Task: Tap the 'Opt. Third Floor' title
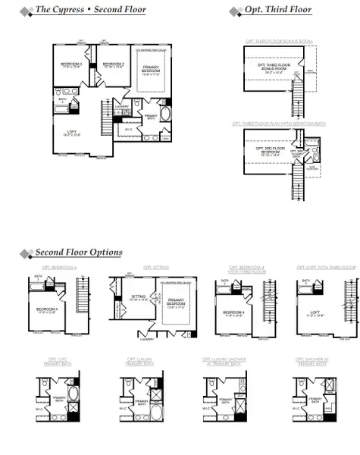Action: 277,10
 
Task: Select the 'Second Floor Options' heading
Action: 79,252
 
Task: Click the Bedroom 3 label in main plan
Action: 70,65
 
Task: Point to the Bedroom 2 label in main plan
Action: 113,65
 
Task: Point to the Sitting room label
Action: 137,298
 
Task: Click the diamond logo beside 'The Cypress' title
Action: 25,11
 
